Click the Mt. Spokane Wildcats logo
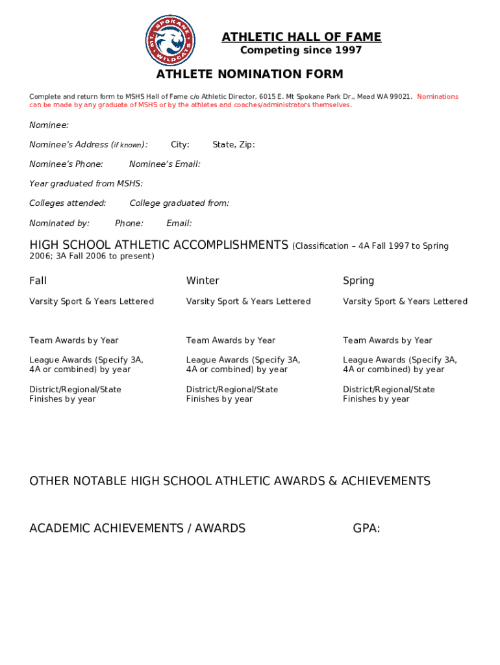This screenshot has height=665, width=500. pyautogui.click(x=171, y=40)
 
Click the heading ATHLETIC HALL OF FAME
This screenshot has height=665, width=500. pyautogui.click(x=301, y=37)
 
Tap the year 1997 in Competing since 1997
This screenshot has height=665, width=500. pyautogui.click(x=349, y=51)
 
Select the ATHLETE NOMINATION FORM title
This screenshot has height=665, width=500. pyautogui.click(x=249, y=74)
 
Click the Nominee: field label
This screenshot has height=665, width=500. pyautogui.click(x=49, y=125)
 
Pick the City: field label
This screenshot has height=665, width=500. pyautogui.click(x=180, y=144)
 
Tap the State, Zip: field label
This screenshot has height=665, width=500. pyautogui.click(x=234, y=144)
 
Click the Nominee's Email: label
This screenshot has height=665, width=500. pyautogui.click(x=165, y=164)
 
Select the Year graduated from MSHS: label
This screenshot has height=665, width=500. pyautogui.click(x=86, y=184)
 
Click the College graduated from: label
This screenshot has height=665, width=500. pyautogui.click(x=179, y=203)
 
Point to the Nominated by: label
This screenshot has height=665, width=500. pyautogui.click(x=60, y=223)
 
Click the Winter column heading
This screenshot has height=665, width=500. pyautogui.click(x=203, y=281)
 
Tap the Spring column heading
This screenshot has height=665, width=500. pyautogui.click(x=358, y=281)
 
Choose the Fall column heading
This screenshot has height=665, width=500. pyautogui.click(x=38, y=281)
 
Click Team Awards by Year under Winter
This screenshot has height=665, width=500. pyautogui.click(x=231, y=340)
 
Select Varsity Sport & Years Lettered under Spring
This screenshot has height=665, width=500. pyautogui.click(x=405, y=301)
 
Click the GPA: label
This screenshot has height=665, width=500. pyautogui.click(x=366, y=528)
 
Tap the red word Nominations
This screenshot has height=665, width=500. pyautogui.click(x=438, y=97)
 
